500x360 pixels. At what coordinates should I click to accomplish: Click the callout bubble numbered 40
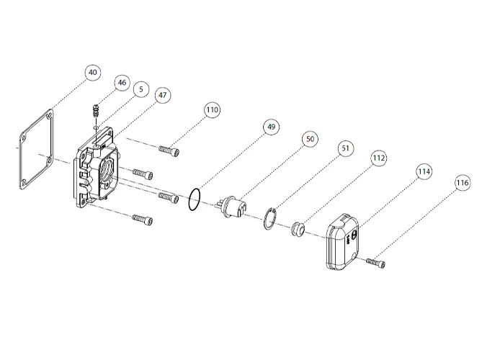(92, 73)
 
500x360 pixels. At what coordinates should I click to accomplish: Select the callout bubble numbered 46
(121, 83)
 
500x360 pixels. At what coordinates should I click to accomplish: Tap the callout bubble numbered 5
(140, 89)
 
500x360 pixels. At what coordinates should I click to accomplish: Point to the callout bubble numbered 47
(163, 94)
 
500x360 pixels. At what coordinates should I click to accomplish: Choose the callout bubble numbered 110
(211, 110)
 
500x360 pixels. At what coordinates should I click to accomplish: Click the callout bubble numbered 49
(270, 127)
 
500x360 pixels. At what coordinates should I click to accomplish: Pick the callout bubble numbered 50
(310, 140)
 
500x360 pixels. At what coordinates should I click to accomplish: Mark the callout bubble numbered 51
(345, 148)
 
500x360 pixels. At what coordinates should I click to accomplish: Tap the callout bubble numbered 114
(424, 172)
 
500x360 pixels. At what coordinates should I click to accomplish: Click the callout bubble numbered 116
(462, 183)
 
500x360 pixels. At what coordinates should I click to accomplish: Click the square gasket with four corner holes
(35, 150)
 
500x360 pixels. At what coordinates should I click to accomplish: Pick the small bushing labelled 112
(296, 228)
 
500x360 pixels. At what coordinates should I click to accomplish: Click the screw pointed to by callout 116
(375, 264)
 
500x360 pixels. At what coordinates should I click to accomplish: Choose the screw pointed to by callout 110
(170, 150)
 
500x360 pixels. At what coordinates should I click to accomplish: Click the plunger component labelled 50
(233, 208)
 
